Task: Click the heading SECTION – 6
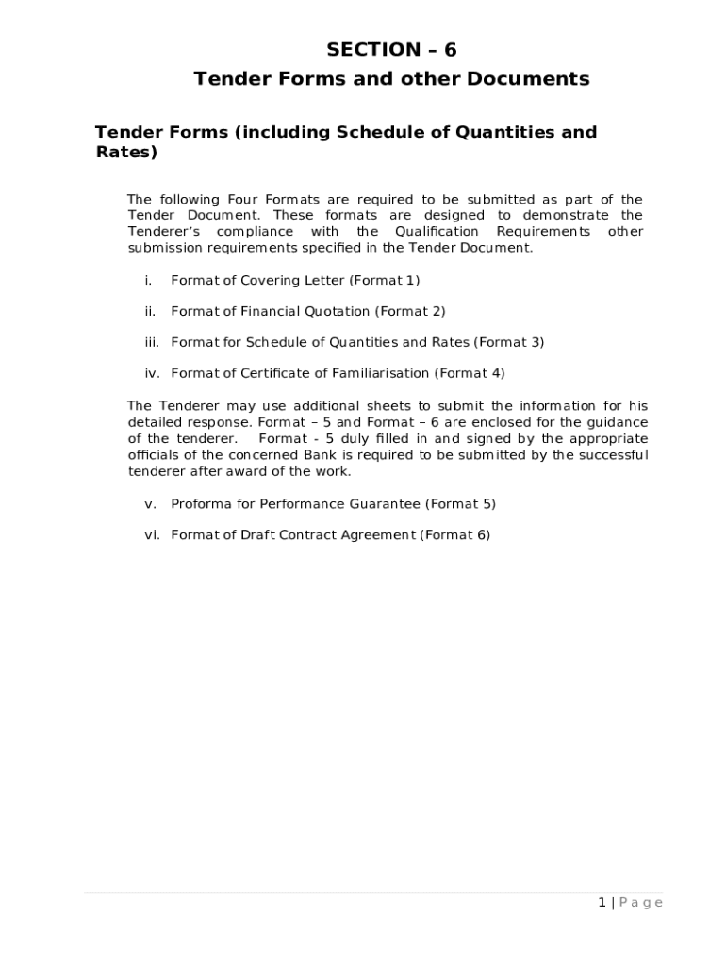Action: pyautogui.click(x=391, y=50)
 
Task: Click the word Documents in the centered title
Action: pyautogui.click(x=533, y=79)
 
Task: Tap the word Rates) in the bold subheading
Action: pyautogui.click(x=125, y=152)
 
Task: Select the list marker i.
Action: pyautogui.click(x=148, y=280)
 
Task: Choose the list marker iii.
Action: pyautogui.click(x=152, y=342)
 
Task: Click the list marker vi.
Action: pyautogui.click(x=152, y=535)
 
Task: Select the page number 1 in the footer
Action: pyautogui.click(x=602, y=903)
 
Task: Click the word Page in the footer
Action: pyautogui.click(x=641, y=903)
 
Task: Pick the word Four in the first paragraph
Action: pyautogui.click(x=244, y=200)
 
